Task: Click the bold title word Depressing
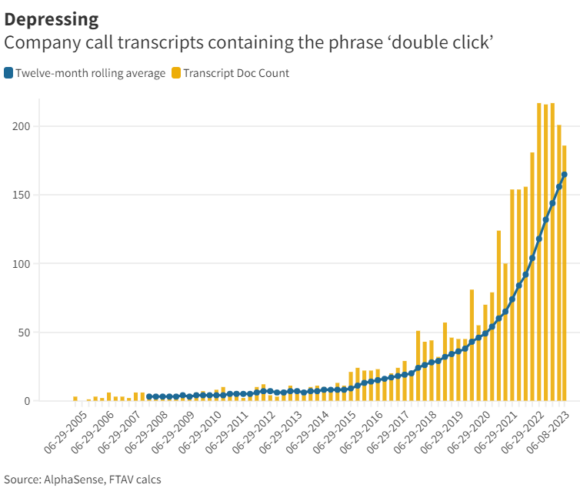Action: click(x=52, y=18)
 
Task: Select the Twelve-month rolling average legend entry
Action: click(x=90, y=73)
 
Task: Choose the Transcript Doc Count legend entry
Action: click(x=235, y=73)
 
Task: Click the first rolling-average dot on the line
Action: click(x=149, y=396)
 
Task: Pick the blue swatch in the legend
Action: click(x=8, y=73)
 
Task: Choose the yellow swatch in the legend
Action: click(x=176, y=73)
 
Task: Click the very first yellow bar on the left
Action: click(x=75, y=399)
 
